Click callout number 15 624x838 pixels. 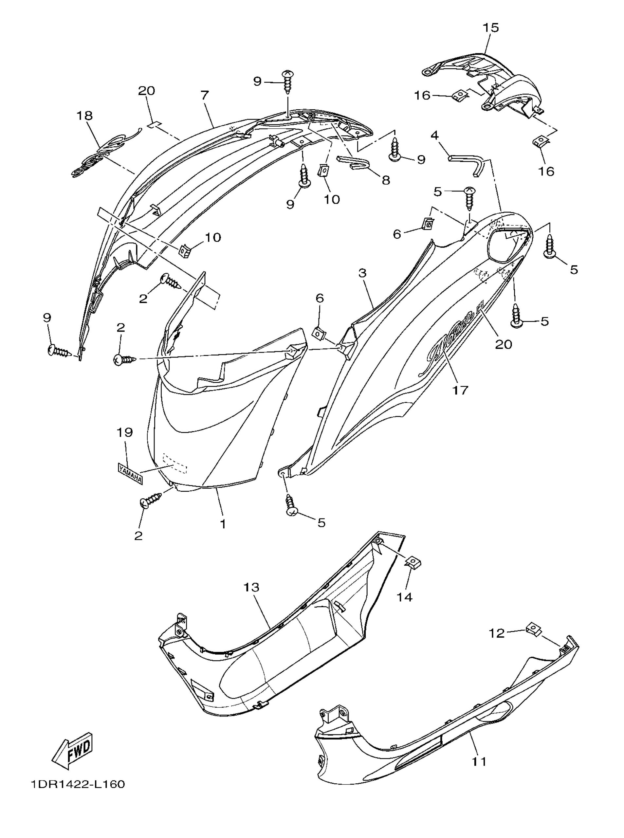491,27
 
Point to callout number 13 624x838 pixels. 251,587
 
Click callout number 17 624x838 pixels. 460,390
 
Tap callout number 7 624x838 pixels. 204,96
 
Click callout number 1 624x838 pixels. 223,524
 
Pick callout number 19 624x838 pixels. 125,432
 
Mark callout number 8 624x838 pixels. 386,180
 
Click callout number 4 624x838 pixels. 435,135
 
